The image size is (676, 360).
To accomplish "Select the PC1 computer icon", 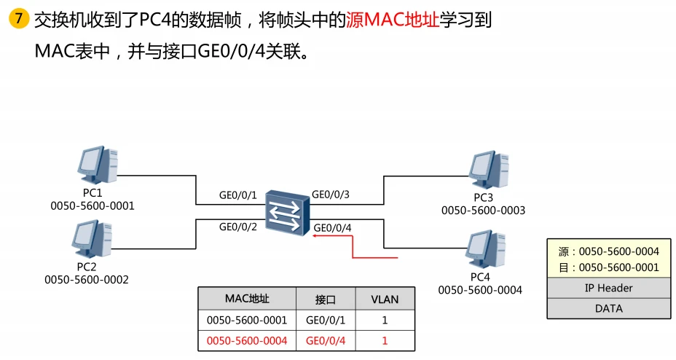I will tap(98, 167).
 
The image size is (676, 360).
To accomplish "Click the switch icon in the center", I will tap(288, 212).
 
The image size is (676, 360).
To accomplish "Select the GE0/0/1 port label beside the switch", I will tap(239, 195).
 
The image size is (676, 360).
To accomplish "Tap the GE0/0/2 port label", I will tap(239, 227).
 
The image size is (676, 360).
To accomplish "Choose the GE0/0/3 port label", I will tap(331, 195).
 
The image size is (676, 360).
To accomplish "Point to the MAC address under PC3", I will tap(483, 211).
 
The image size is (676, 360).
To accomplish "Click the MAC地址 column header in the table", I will tap(247, 299).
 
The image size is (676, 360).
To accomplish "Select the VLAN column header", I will tap(385, 299).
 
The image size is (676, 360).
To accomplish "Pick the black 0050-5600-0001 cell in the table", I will tap(247, 320).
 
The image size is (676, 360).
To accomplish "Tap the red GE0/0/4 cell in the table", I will tap(325, 340).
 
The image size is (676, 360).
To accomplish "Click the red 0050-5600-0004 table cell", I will tap(247, 340).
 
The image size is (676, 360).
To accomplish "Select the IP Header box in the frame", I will tap(608, 288).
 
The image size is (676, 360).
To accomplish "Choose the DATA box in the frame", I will tap(608, 308).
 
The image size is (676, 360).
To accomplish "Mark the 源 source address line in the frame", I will tap(608, 251).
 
